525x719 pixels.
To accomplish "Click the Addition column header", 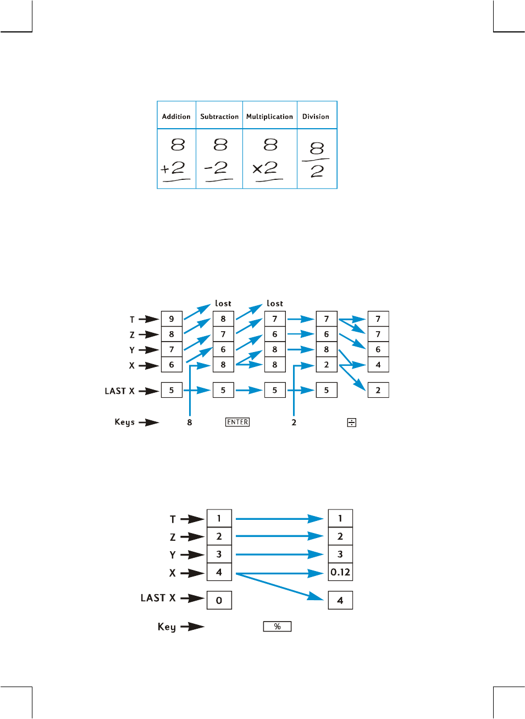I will (x=176, y=117).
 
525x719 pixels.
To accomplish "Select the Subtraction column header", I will (x=219, y=117).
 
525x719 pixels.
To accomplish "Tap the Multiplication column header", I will (x=269, y=117).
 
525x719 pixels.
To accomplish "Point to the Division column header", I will (x=316, y=117).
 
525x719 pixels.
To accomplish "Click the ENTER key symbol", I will (x=237, y=422).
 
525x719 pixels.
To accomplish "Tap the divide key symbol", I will (x=352, y=422).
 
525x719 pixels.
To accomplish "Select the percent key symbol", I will (x=277, y=627).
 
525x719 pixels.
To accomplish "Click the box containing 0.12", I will (x=340, y=572).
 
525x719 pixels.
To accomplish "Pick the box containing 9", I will (x=172, y=319).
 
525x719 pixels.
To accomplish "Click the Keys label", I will (x=124, y=422).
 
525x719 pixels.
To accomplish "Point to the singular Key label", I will (x=167, y=627).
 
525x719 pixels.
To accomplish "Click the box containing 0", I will (x=219, y=600).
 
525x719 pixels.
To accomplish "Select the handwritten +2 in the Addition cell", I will (x=173, y=168).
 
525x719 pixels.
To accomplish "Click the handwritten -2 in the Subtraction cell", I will (x=216, y=168).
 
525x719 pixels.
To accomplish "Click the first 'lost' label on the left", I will (x=223, y=303).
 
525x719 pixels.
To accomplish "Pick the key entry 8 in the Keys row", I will (x=190, y=422).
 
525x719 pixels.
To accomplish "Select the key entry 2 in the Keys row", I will (x=294, y=422).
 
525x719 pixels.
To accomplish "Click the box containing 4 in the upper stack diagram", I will (x=378, y=365).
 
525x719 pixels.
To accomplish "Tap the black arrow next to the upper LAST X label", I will (x=148, y=391).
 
